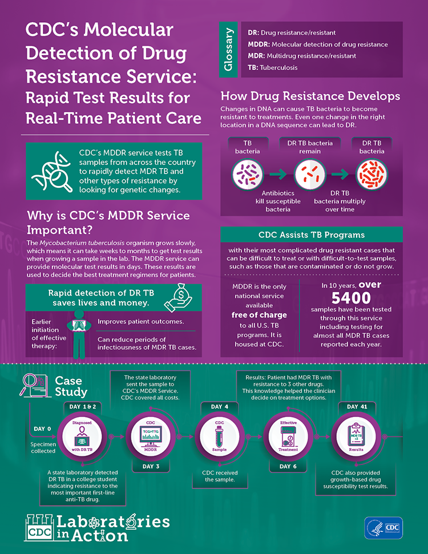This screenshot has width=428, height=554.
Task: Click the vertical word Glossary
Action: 229,51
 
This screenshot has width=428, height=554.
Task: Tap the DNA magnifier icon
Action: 50,171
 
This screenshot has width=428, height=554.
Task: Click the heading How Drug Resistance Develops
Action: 310,96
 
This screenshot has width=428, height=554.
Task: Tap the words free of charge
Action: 259,314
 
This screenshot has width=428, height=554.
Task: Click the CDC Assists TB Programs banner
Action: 311,234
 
